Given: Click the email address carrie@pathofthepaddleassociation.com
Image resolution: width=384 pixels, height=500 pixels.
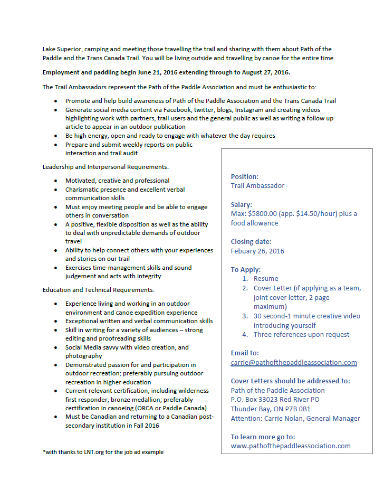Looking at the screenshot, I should pos(294,363).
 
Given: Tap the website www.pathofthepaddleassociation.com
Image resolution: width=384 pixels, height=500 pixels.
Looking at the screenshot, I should pos(291,446).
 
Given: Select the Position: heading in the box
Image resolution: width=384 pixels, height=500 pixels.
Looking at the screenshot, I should pos(245,176).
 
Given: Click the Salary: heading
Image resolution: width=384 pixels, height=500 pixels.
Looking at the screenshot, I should pos(242,204).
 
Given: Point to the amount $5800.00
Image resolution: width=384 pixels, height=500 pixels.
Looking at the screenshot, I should pos(263,214).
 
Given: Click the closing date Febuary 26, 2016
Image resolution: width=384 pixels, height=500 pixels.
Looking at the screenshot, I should pos(257,251).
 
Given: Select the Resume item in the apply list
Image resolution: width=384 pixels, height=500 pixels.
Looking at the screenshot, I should pos(266,279).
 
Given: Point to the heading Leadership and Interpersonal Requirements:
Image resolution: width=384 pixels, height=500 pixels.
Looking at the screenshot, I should pos(106,167).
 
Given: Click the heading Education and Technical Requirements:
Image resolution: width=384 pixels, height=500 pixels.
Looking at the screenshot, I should pos(99,290).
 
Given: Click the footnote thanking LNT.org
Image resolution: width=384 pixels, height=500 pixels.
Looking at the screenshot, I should pos(103,452).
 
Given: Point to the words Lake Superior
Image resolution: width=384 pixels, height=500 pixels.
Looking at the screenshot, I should pos(62,49).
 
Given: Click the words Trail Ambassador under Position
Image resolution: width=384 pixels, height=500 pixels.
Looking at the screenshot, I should pos(257,186).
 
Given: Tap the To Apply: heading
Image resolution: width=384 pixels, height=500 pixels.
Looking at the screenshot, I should pos(246,269).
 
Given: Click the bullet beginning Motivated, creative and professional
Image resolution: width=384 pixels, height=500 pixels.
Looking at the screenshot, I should pos(117,181).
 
